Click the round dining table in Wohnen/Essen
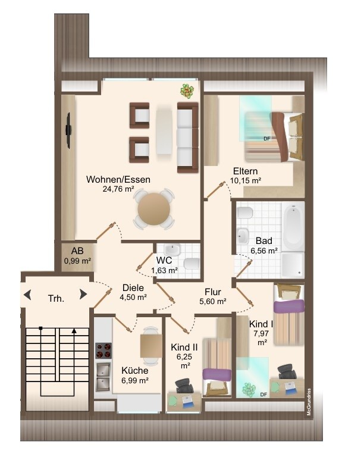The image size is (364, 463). coord(154,209)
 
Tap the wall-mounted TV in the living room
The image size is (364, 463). coord(68,130)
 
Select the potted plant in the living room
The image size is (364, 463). coord(187,91)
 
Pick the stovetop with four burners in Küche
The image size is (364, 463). coord(103,350)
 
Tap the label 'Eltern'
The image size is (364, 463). coord(245,171)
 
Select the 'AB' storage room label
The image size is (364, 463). coord(77,251)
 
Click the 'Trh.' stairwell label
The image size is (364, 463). coord(56,299)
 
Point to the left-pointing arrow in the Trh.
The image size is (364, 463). coord(27,295)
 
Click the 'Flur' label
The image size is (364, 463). coord(213,292)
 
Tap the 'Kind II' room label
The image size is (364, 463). coord(184,348)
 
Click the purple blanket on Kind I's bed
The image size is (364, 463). coord(289,306)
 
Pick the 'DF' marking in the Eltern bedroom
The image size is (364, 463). coord(267,138)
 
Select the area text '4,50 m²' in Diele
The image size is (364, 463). coord(133,298)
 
